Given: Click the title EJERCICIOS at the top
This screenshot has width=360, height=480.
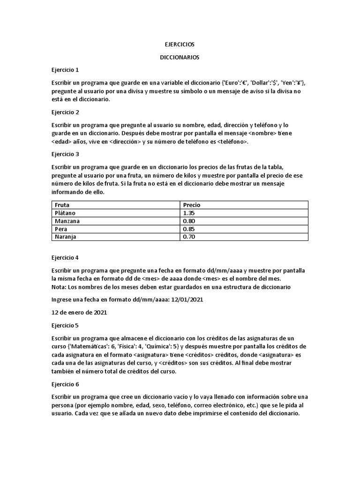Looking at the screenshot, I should pos(180,44).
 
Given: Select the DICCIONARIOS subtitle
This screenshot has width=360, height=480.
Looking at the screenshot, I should pos(180,57).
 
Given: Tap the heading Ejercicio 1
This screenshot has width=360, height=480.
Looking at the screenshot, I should pos(65,69).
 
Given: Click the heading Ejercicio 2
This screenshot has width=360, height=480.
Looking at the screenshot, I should pos(65,112).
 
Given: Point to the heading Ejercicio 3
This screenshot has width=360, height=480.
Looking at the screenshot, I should pos(65,154).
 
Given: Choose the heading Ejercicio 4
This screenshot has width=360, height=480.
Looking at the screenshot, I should pos(65,257).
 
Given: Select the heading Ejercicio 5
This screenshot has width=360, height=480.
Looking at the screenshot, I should pos(65,325).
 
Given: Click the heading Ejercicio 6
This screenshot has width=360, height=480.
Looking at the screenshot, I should pos(65,384).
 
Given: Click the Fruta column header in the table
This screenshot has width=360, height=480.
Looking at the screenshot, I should pos(62,205).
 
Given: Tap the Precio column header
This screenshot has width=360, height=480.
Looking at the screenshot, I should pos(192,205).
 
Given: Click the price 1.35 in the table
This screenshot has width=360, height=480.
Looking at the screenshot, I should pos(189,213).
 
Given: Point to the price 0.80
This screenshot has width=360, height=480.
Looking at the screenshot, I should pos(189,221).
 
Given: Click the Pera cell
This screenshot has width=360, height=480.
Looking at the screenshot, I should pos(61,229).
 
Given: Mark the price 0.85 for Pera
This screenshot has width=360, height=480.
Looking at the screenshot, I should pos(189,229).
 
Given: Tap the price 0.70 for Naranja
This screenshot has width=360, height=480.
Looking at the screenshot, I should pos(189,237).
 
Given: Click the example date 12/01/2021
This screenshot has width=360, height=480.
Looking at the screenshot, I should pos(187,300).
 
